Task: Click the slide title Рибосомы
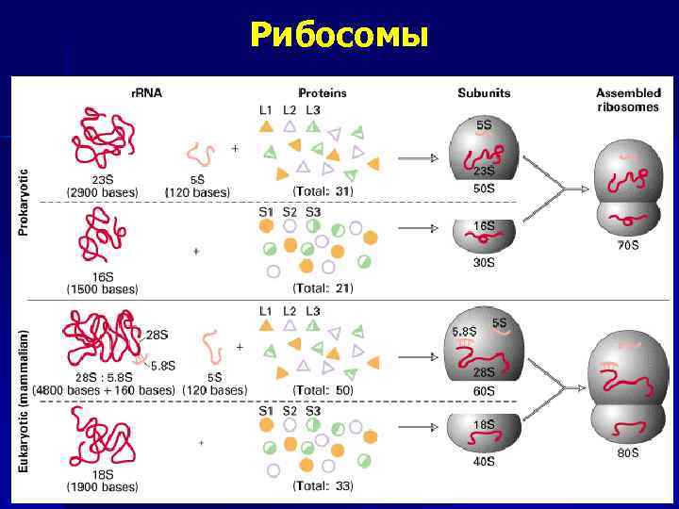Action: pos(339,35)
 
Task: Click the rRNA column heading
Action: pos(146,93)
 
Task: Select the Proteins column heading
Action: pos(322,93)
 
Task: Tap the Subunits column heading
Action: pos(484,93)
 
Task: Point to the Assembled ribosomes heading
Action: pos(628,100)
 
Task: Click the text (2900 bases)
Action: pos(102,192)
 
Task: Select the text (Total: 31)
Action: pos(323,192)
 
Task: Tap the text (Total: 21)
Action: pos(323,288)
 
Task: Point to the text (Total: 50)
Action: pos(323,390)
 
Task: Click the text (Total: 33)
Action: pos(323,486)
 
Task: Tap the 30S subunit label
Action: pos(484,263)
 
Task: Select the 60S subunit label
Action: pos(484,389)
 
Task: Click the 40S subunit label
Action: pos(484,462)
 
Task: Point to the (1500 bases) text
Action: pos(102,289)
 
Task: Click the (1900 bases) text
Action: pos(102,487)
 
